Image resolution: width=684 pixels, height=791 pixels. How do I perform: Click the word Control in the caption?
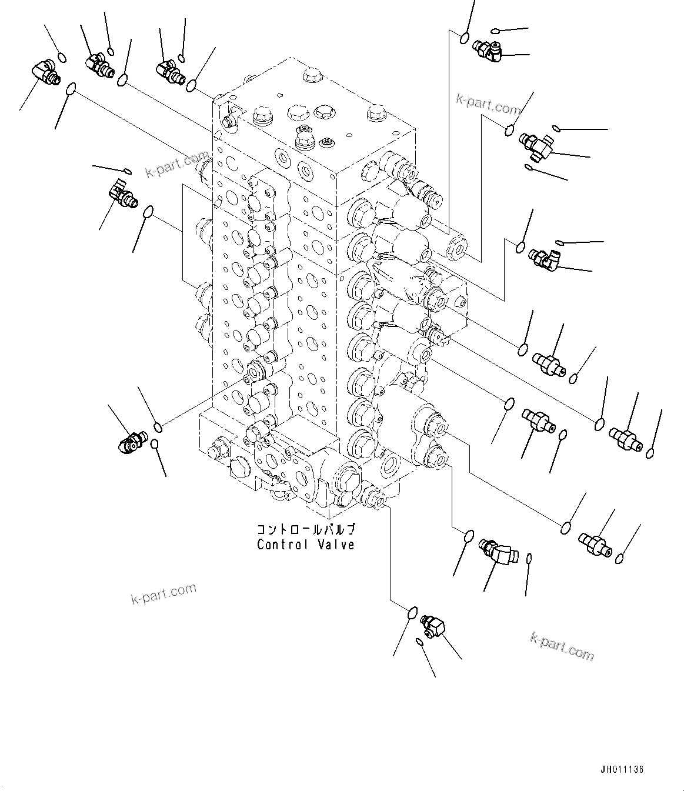click(x=280, y=545)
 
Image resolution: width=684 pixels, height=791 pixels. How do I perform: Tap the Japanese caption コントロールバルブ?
click(x=305, y=529)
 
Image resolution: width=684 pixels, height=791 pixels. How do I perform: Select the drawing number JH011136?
click(x=622, y=770)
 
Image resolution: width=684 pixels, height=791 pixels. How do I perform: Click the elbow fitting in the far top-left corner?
click(x=45, y=74)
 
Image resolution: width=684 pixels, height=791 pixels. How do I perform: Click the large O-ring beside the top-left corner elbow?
click(x=71, y=89)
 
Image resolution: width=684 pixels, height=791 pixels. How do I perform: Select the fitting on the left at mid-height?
click(x=122, y=193)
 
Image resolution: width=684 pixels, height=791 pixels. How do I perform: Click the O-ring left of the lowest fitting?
click(x=413, y=613)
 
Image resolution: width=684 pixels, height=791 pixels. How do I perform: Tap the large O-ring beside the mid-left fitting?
click(x=149, y=211)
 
